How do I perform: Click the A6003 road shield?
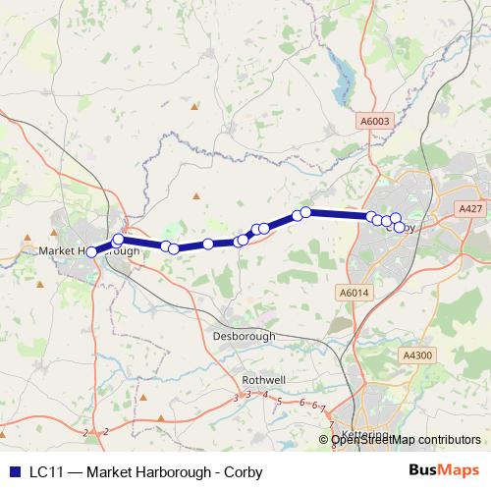pos(373,120)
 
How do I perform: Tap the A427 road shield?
pos(470,209)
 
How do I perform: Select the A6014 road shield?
pos(353,292)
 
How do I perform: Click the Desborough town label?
pos(244,336)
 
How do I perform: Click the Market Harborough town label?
pos(88,251)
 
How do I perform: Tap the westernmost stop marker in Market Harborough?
pos(92,251)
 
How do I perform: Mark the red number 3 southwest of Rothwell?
pos(236,399)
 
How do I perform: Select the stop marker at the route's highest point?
pos(305,212)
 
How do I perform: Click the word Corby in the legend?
pos(245,472)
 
